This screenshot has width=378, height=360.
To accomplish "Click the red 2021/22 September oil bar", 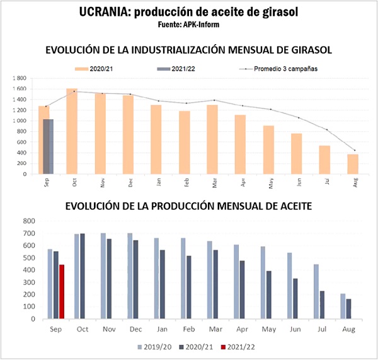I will click(62, 292).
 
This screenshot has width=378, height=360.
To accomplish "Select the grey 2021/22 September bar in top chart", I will click(48, 146).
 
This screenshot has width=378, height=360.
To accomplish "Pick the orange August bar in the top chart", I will click(353, 164).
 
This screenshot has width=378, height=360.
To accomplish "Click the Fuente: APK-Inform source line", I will click(189, 25).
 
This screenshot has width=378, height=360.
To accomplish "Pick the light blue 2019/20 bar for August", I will click(343, 306).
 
